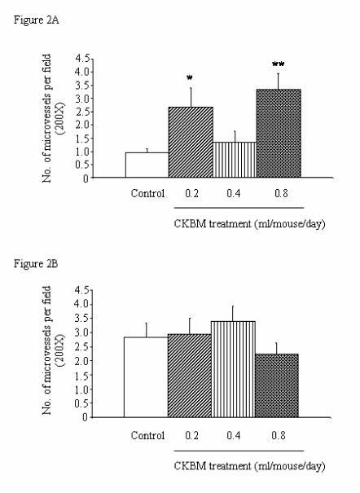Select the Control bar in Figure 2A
[147, 165]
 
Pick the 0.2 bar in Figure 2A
[190, 142]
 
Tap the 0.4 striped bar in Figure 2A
[235, 160]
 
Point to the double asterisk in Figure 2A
[278, 63]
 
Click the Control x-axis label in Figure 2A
[147, 195]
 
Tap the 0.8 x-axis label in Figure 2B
[279, 435]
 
